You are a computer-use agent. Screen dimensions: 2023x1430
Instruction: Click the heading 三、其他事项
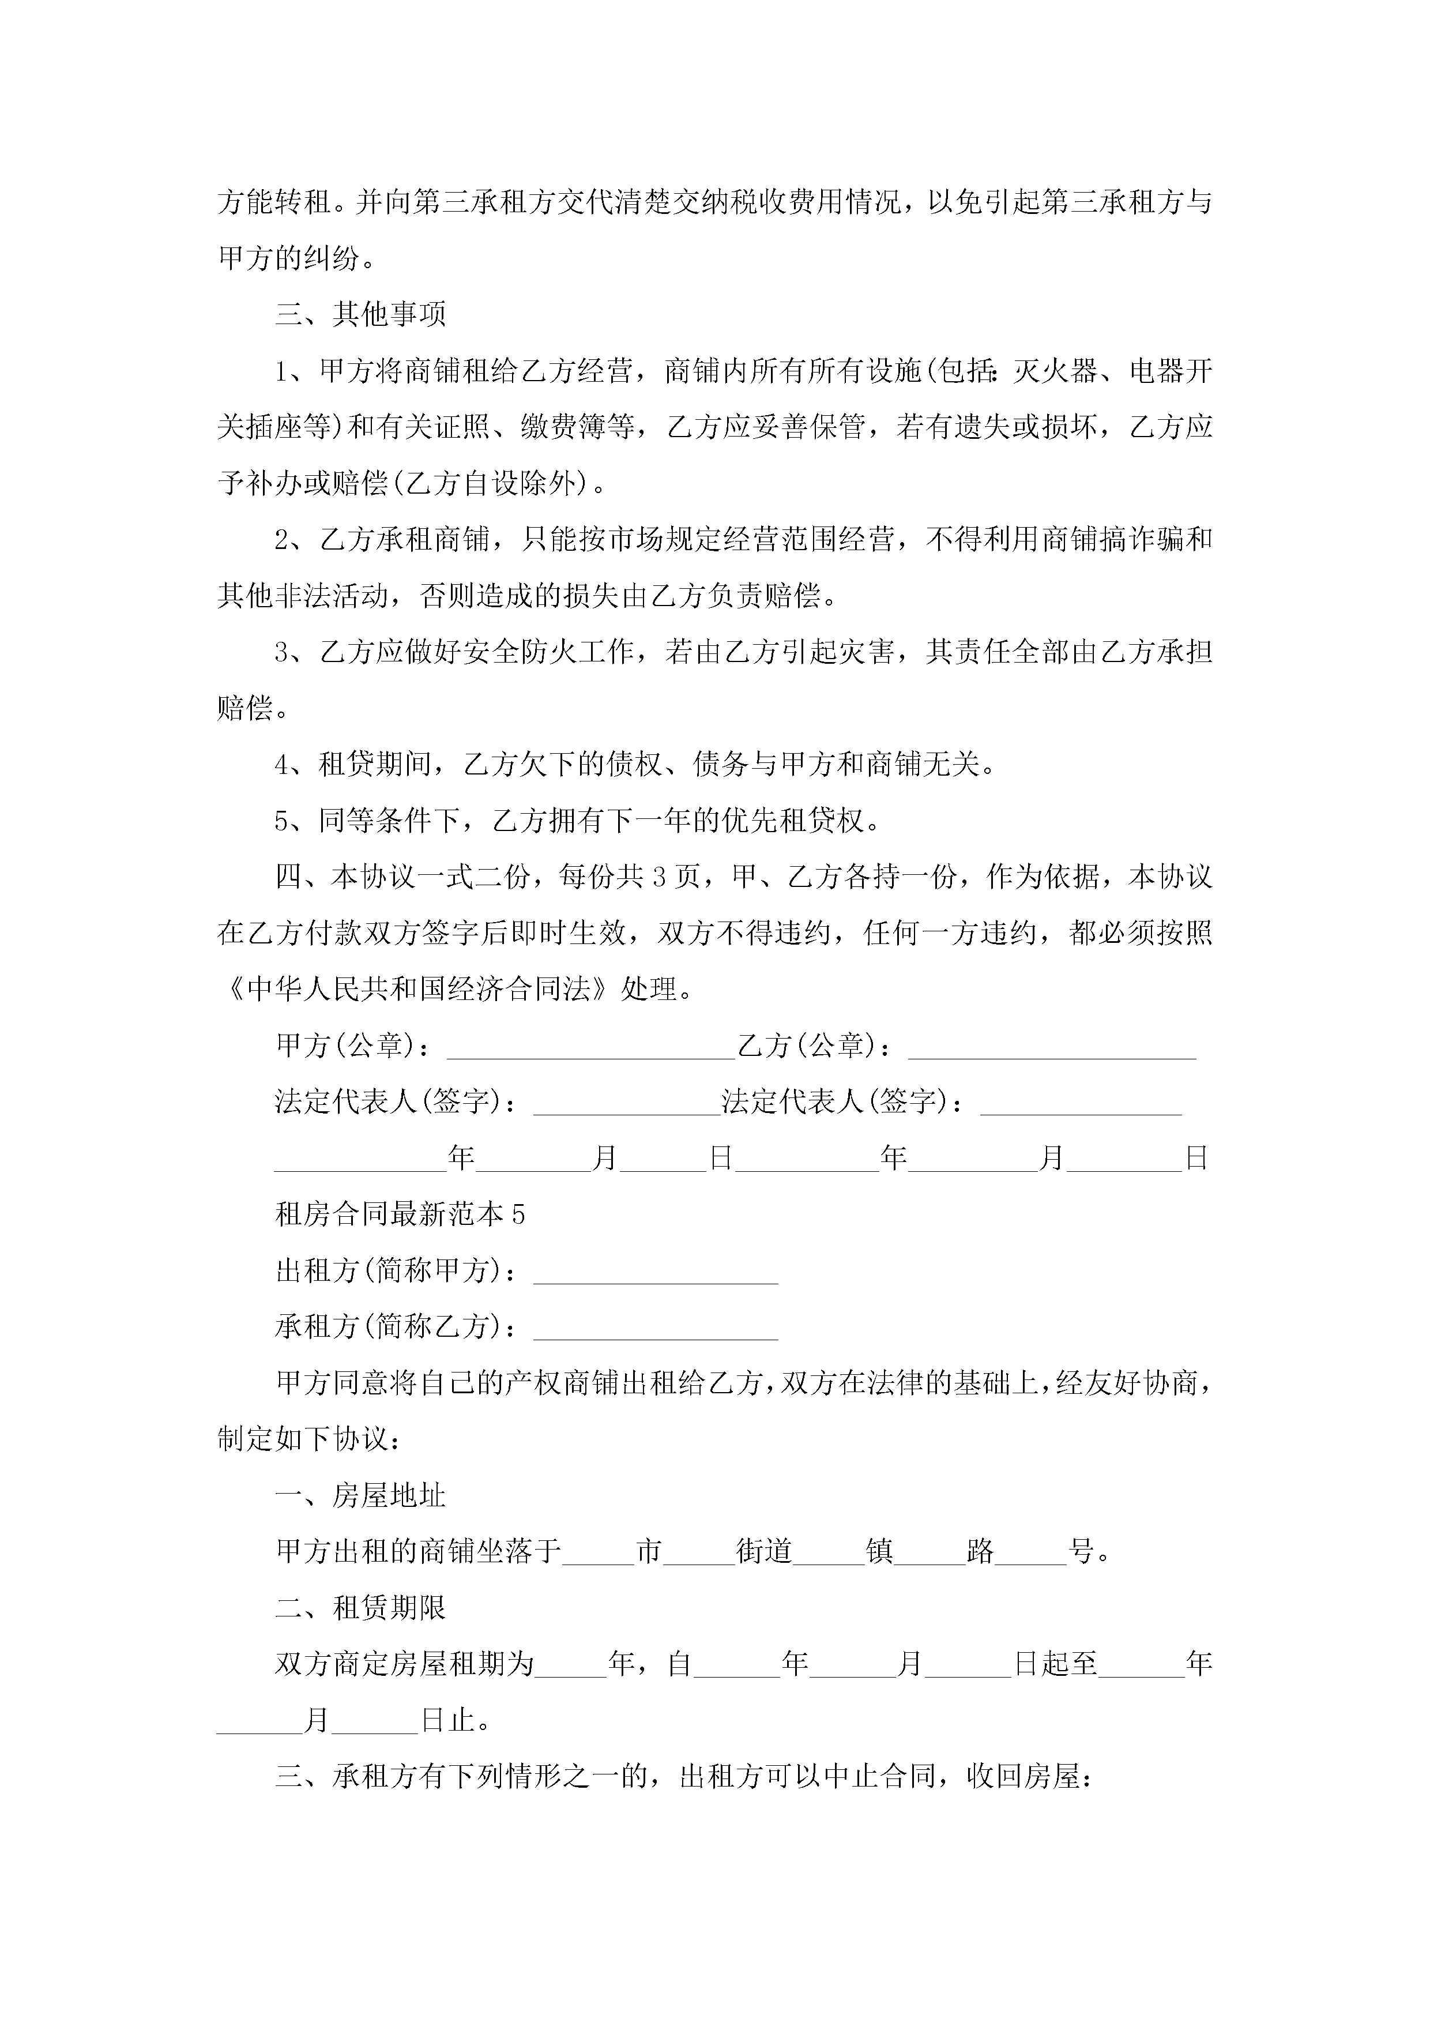pyautogui.click(x=360, y=314)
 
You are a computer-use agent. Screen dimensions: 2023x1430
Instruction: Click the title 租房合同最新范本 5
pyautogui.click(x=400, y=1214)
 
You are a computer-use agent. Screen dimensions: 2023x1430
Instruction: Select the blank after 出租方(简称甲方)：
pyautogui.click(x=656, y=1272)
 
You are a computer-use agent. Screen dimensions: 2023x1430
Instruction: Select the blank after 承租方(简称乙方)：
pyautogui.click(x=656, y=1328)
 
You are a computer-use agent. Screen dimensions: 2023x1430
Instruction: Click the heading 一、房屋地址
pyautogui.click(x=360, y=1496)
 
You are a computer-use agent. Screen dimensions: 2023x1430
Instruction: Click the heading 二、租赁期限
pyautogui.click(x=360, y=1608)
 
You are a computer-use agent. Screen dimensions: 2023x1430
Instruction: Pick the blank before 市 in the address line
pyautogui.click(x=599, y=1552)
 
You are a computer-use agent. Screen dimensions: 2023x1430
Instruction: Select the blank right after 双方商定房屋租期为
pyautogui.click(x=571, y=1664)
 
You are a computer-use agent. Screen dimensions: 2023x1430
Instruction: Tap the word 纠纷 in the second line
pyautogui.click(x=332, y=258)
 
